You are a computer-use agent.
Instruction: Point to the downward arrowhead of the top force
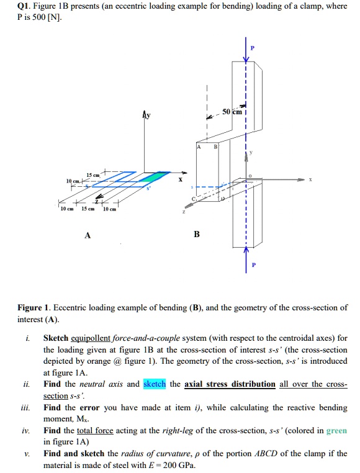point(246,60)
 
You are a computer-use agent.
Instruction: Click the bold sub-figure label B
point(197,234)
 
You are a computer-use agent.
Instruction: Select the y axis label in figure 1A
point(146,115)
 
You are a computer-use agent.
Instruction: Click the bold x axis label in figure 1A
point(180,179)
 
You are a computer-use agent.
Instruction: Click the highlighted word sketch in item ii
point(155,384)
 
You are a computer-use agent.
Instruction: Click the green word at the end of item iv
point(336,430)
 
